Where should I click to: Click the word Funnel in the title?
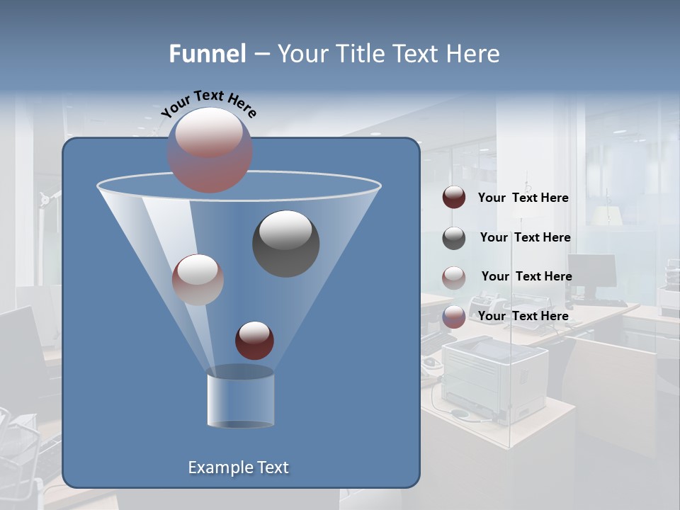pos(208,54)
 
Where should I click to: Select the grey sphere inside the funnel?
pos(285,243)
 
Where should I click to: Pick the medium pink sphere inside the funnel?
pos(198,279)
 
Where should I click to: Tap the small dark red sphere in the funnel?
pos(254,340)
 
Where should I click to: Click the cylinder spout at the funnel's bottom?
pos(240,400)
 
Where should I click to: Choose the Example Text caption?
pos(238,467)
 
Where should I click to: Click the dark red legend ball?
pos(454,198)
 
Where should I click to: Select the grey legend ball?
pos(454,238)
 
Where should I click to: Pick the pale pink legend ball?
pos(454,278)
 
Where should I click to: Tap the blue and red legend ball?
pos(454,317)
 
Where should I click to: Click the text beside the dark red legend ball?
pos(523,198)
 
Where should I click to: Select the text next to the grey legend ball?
pos(525,237)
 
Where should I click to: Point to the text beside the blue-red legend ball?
pos(523,316)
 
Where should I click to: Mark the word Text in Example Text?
pos(268,467)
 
